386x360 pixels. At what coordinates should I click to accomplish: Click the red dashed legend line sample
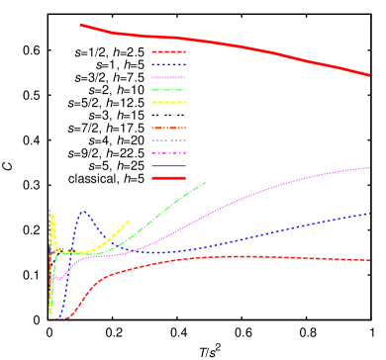168,51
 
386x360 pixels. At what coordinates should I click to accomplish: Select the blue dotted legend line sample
168,64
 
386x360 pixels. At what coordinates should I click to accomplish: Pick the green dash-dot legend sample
168,90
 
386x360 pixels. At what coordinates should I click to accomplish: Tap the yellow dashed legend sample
168,103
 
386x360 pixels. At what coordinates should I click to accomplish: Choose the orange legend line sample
168,128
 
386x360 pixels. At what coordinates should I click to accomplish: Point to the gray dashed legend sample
168,140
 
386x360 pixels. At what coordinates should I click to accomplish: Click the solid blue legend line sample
168,166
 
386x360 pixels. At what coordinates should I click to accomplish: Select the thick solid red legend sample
168,178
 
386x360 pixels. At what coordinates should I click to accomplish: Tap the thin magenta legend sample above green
168,77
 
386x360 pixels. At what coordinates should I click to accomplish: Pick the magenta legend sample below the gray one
168,153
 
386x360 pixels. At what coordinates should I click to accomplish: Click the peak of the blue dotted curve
83,211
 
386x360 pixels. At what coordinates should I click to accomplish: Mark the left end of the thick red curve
80,25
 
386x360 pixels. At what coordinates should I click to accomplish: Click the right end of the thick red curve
369,74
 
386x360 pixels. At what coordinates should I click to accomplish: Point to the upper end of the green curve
205,183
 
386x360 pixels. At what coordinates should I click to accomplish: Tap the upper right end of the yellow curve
131,220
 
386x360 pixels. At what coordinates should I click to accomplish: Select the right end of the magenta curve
370,167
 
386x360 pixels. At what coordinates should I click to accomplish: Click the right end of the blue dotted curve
370,213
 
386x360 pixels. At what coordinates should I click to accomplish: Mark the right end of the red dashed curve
370,260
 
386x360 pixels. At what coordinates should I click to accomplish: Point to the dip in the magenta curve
58,279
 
